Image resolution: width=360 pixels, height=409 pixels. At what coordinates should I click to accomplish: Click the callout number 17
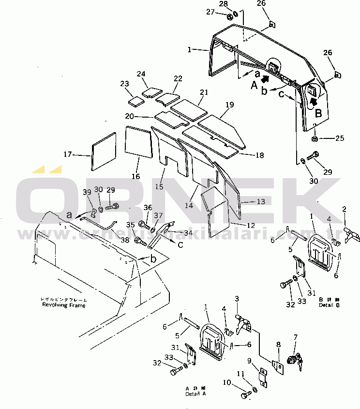tap(67, 154)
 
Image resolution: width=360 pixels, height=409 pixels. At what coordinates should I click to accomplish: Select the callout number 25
tap(340, 138)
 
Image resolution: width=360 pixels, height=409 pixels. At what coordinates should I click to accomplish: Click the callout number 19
tap(229, 104)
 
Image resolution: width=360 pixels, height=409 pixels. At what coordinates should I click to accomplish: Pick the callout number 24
tap(141, 74)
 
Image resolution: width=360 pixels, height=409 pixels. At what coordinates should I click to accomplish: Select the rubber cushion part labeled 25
tap(315, 139)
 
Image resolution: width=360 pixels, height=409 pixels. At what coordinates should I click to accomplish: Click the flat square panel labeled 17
tap(104, 151)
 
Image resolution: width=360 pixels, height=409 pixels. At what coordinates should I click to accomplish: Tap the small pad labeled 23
tap(136, 101)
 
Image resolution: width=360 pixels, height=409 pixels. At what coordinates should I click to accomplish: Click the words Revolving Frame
tap(63, 305)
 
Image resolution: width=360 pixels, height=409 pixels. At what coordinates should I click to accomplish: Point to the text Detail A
tap(195, 394)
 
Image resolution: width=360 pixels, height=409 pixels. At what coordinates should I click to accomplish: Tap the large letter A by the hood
tap(254, 86)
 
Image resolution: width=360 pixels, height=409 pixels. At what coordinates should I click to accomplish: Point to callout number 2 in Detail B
tap(345, 210)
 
